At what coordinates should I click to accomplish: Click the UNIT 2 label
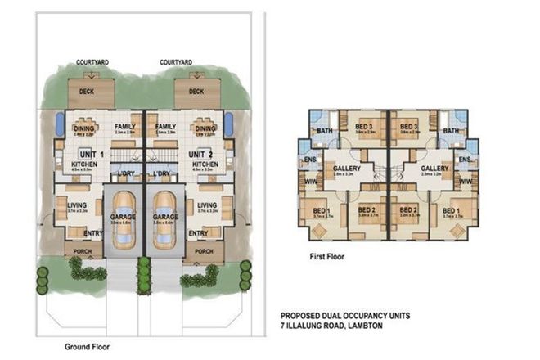[200, 154]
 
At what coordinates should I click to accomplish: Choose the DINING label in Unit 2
[205, 127]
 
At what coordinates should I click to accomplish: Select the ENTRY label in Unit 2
[198, 233]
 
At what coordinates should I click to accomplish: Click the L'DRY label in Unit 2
[162, 174]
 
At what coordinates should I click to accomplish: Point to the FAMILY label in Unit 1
[125, 127]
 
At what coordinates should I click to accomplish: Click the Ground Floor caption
[88, 347]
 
